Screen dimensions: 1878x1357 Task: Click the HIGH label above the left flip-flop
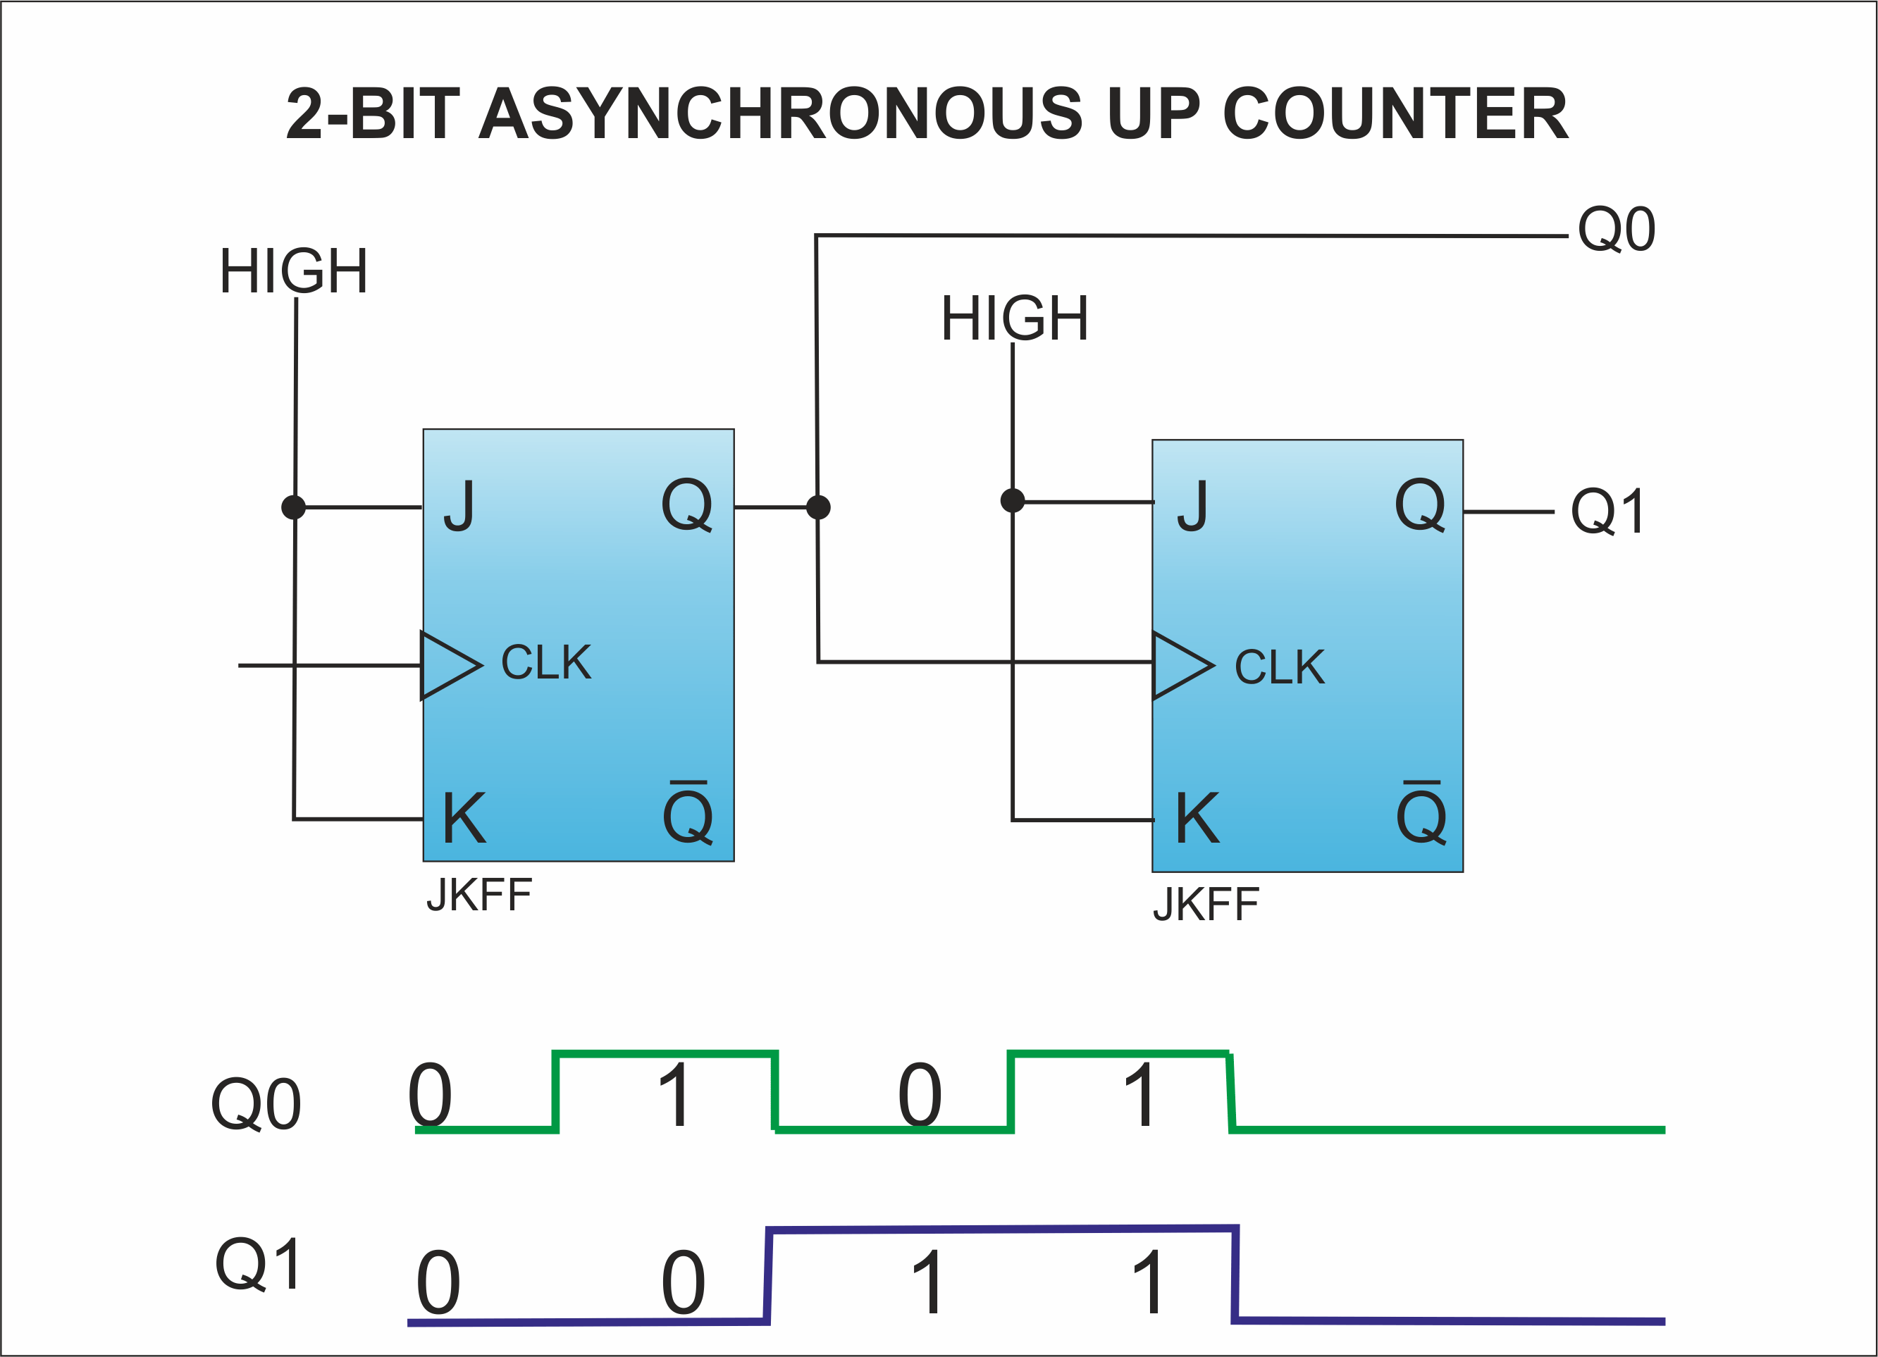coord(293,271)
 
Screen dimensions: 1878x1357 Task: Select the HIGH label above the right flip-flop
coord(1014,318)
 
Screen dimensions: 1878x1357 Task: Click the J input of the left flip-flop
coord(459,505)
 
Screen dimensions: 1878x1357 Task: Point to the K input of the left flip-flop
coord(464,817)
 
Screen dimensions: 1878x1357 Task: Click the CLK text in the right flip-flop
coord(1279,667)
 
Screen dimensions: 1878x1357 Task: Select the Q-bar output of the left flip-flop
coord(687,812)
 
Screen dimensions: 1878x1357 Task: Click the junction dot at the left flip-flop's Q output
coord(818,507)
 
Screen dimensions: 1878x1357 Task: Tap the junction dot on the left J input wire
coord(294,507)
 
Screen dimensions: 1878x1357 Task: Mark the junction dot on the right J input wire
coord(1013,500)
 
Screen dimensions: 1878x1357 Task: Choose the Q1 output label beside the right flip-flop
coord(1607,512)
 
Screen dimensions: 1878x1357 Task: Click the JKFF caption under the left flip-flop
coord(479,895)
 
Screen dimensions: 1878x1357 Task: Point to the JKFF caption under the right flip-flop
coord(1206,904)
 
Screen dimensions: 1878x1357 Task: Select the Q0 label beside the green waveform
coord(256,1105)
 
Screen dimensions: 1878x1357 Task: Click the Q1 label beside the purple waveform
coord(257,1263)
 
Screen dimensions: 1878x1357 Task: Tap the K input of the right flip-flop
coord(1197,817)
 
